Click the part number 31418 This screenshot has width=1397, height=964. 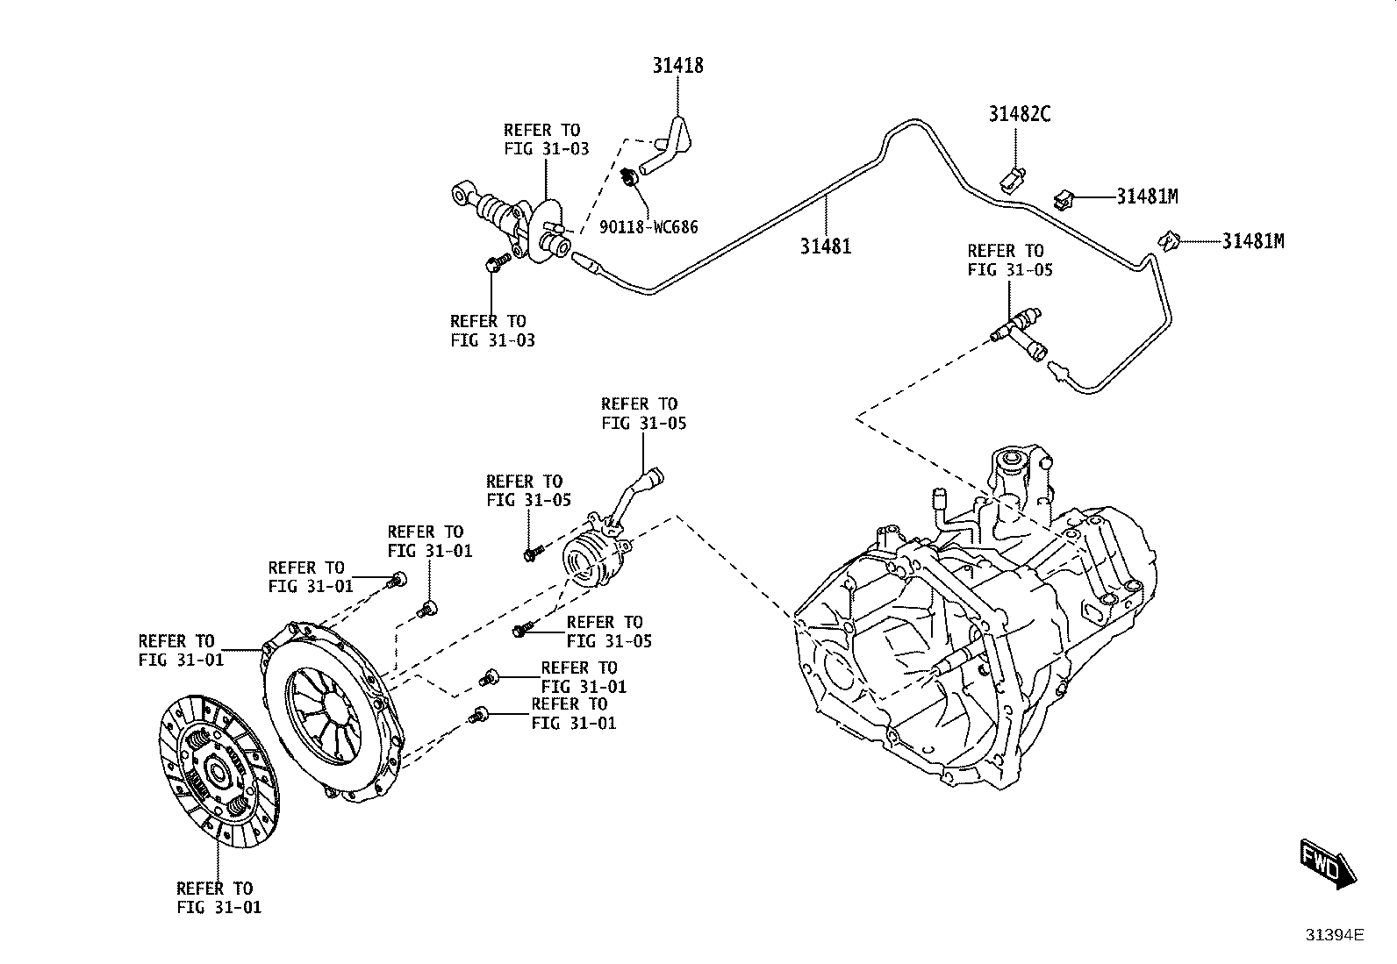(678, 66)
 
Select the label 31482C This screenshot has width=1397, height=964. (1019, 114)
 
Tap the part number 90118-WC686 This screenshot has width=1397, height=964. (648, 227)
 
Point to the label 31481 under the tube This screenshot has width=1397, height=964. (826, 246)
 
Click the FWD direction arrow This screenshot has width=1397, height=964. (1328, 863)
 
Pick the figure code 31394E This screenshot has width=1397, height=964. (1336, 935)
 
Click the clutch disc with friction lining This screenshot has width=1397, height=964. (219, 771)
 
